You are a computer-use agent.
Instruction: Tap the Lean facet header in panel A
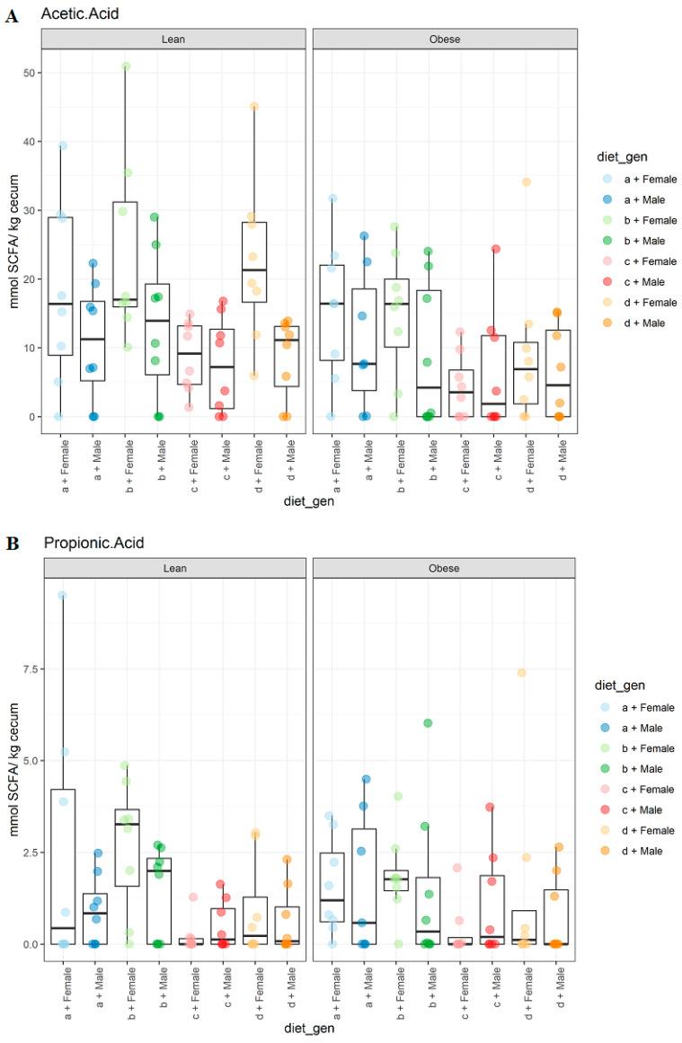click(x=174, y=40)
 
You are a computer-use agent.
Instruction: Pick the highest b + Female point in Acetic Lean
click(x=126, y=66)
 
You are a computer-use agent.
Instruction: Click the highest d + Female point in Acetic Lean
click(x=254, y=107)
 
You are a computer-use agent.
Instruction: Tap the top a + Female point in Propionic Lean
click(x=62, y=596)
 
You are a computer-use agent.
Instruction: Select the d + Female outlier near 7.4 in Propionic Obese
click(x=521, y=673)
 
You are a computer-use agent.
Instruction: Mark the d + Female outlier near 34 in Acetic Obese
click(x=526, y=182)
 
